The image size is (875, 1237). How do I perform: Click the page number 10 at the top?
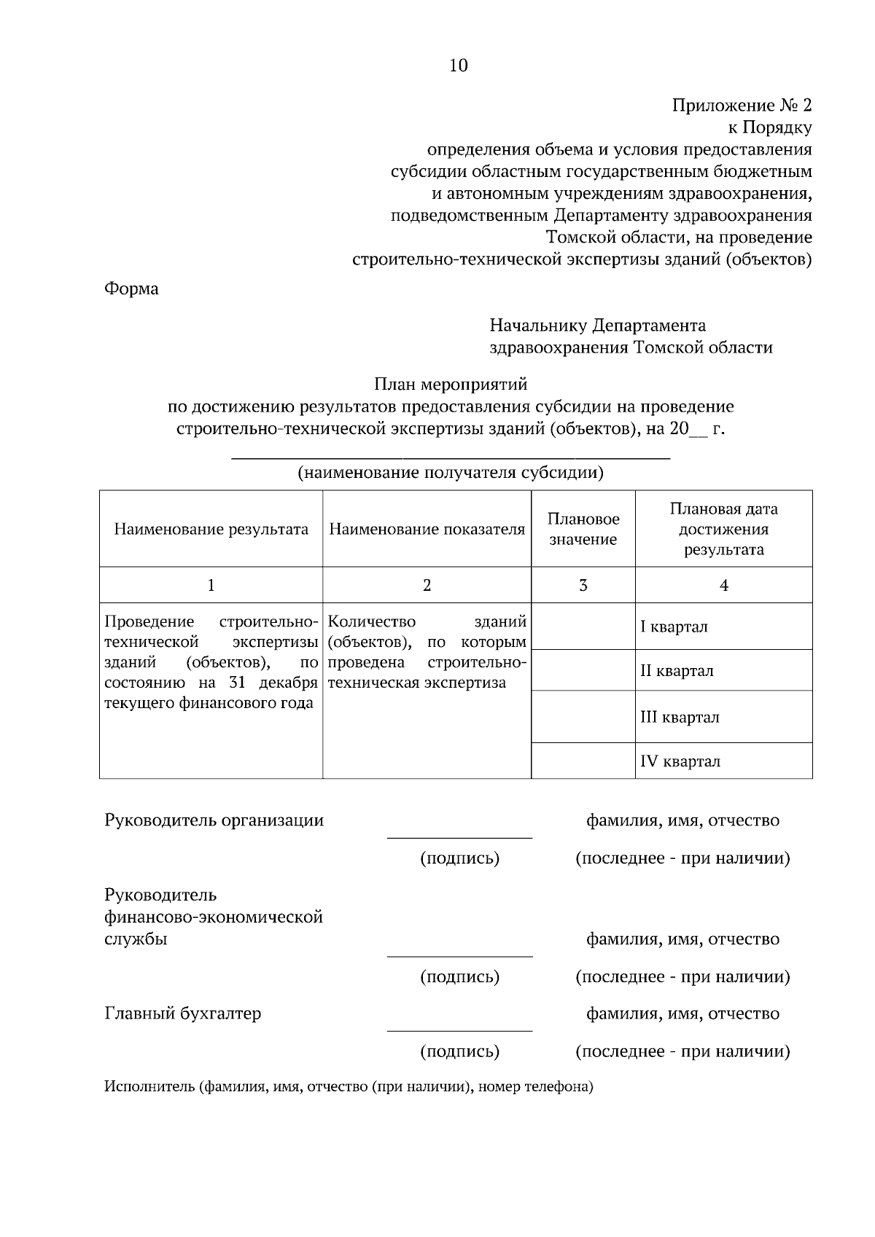click(x=458, y=66)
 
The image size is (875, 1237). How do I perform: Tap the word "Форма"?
click(x=131, y=288)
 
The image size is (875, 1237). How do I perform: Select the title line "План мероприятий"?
click(x=451, y=383)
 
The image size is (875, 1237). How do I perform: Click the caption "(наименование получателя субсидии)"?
click(x=451, y=473)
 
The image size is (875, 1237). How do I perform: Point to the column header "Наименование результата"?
click(x=211, y=529)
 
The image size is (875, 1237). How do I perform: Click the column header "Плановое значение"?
click(x=583, y=529)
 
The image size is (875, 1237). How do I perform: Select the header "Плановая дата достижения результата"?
click(x=723, y=529)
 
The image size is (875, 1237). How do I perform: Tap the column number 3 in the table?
click(x=583, y=585)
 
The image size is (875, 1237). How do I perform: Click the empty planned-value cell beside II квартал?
click(x=583, y=670)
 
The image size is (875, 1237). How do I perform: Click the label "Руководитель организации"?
click(x=214, y=820)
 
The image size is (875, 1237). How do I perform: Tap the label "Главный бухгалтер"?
click(x=182, y=1013)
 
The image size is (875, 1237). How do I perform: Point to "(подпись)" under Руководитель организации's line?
click(x=459, y=858)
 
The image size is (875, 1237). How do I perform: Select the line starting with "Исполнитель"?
click(x=349, y=1087)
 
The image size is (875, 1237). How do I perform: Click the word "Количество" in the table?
click(x=372, y=621)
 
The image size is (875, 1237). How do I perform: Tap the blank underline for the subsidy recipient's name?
click(x=451, y=455)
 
